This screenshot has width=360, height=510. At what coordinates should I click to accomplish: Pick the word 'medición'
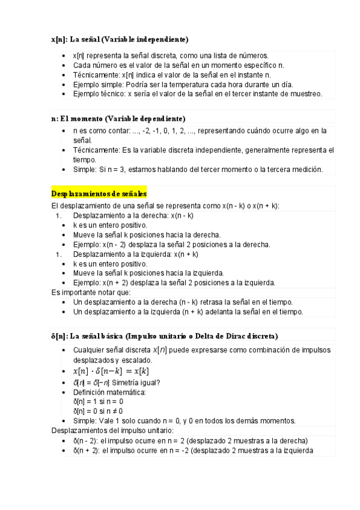pyautogui.click(x=307, y=170)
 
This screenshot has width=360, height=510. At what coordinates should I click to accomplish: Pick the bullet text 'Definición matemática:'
pyautogui.click(x=109, y=392)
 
